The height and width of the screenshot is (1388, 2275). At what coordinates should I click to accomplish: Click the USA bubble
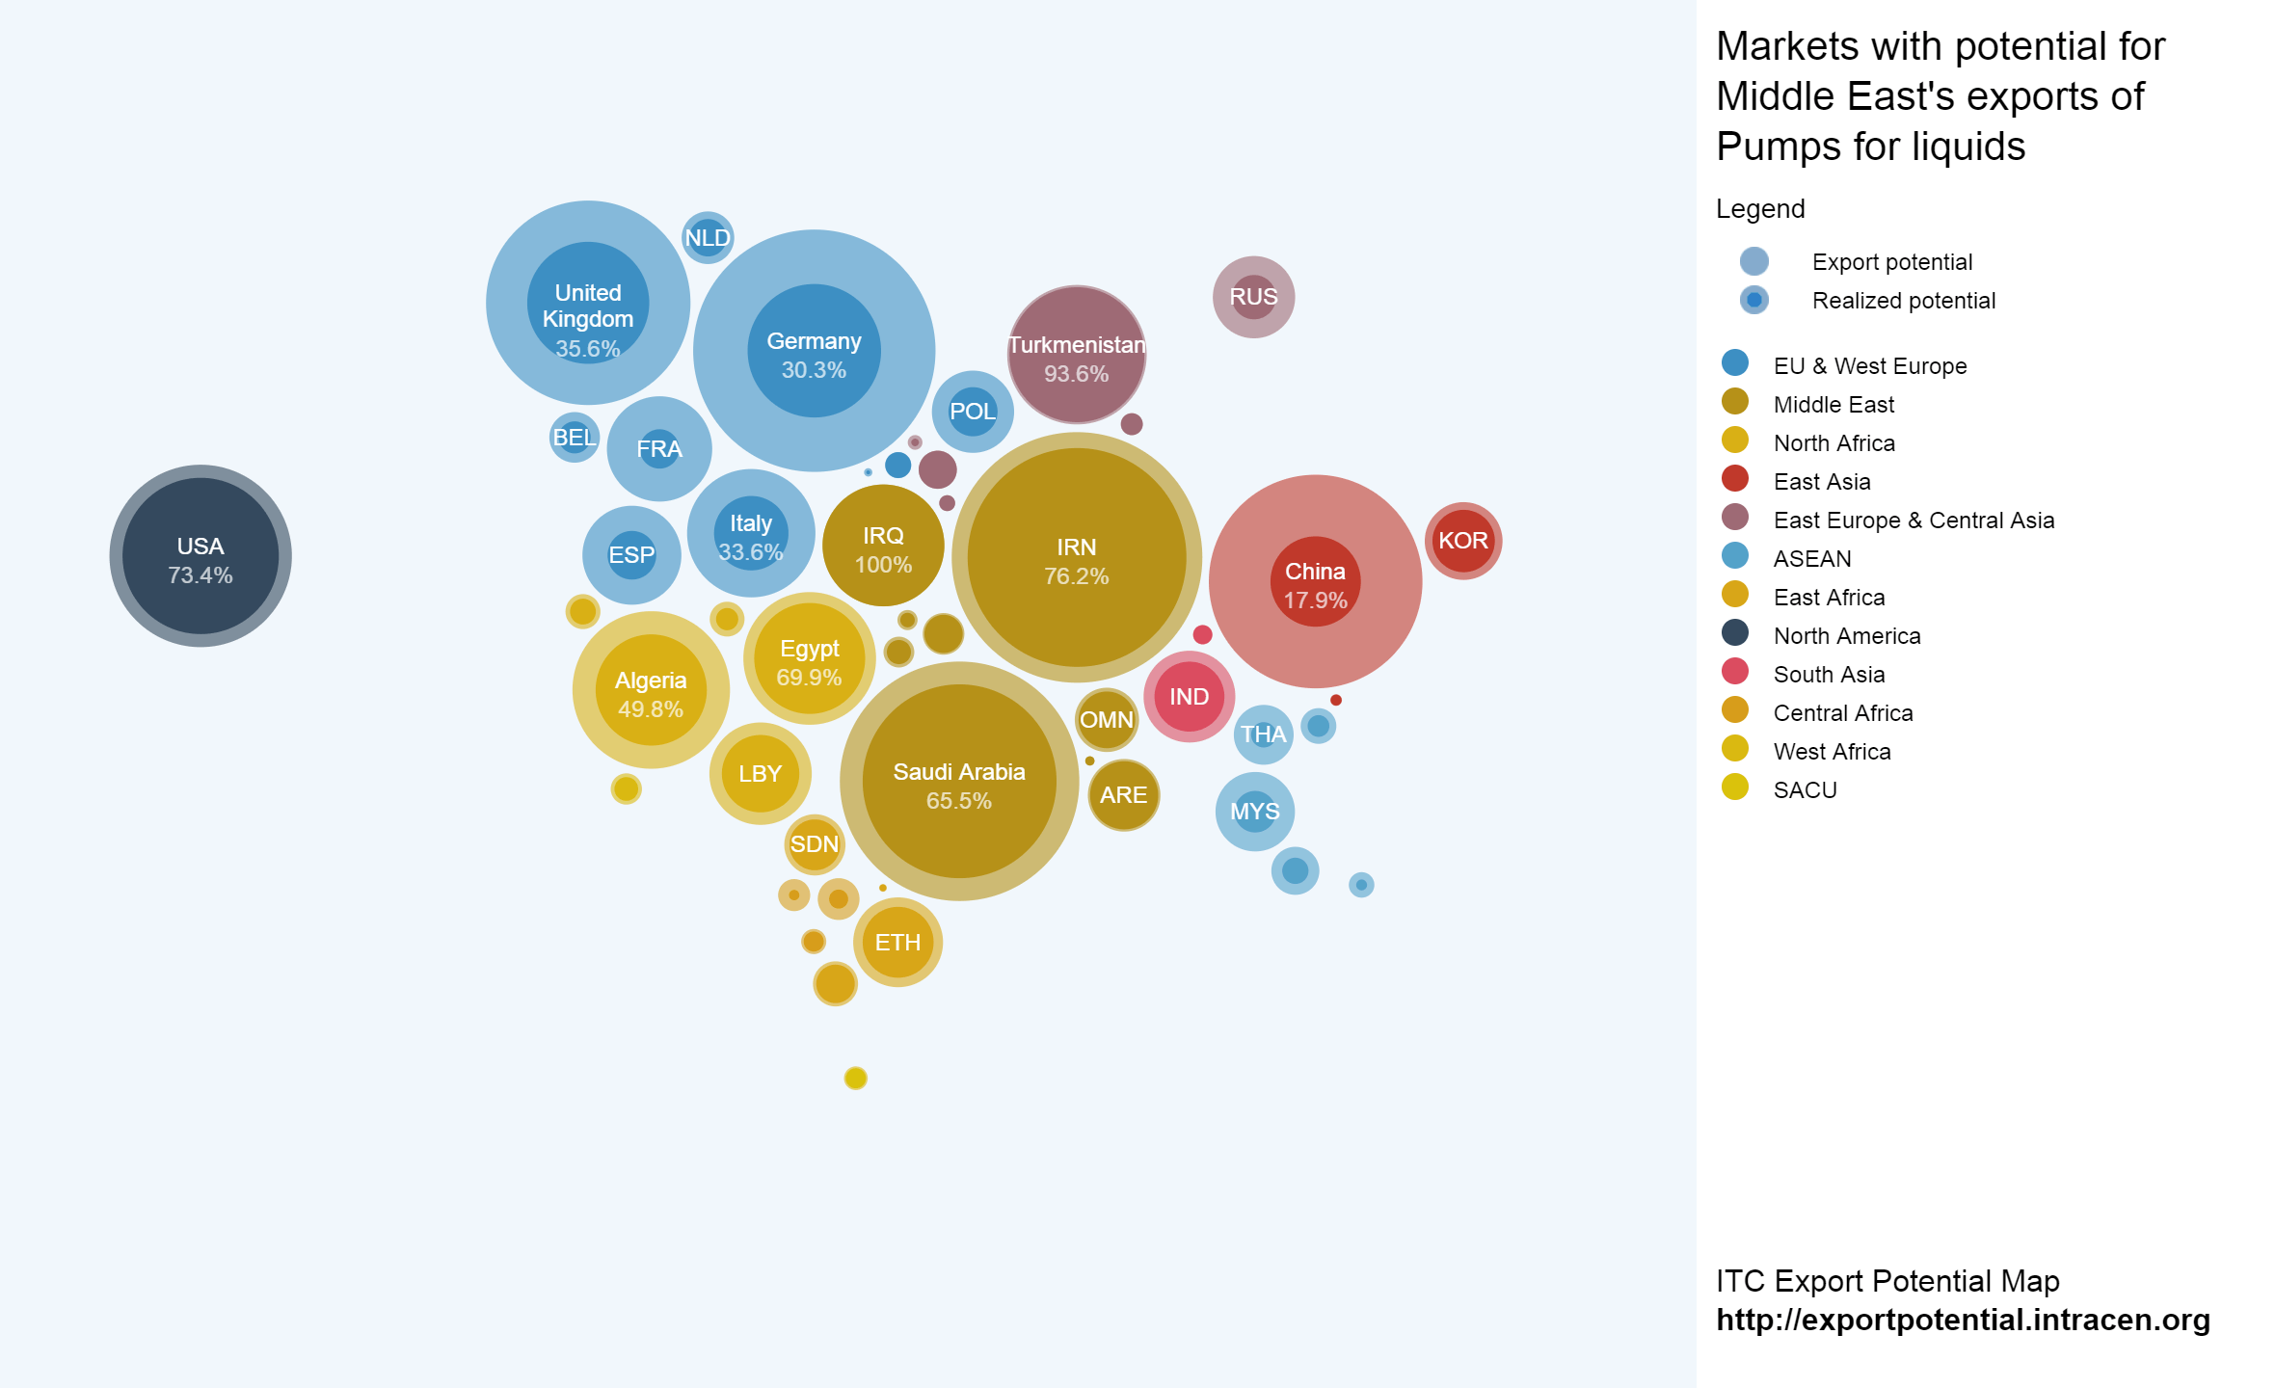tap(201, 556)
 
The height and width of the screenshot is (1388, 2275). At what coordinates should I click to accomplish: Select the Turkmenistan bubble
tap(1076, 355)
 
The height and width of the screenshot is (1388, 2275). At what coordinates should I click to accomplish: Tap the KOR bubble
tap(1462, 541)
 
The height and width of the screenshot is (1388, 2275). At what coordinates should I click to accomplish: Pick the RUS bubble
tap(1253, 297)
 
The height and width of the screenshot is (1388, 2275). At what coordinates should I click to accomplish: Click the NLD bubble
tap(708, 237)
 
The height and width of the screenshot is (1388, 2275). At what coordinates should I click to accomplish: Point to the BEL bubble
tap(574, 438)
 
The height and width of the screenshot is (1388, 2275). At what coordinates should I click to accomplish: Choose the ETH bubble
tap(897, 942)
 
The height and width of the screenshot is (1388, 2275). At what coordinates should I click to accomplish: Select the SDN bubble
tap(815, 844)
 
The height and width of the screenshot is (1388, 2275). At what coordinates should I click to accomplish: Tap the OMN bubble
tap(1106, 720)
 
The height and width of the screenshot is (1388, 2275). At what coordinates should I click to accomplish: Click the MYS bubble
tap(1254, 812)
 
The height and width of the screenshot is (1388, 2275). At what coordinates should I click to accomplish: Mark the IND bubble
tap(1189, 697)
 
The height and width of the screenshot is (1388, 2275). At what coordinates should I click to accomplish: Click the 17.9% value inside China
tap(1315, 601)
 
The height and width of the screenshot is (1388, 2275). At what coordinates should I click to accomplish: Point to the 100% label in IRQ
tap(883, 565)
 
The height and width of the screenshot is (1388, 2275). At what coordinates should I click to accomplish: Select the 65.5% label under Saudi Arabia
tap(958, 801)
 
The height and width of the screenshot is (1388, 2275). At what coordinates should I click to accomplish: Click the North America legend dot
tap(1734, 633)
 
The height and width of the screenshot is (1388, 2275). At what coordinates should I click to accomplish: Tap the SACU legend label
tap(1805, 790)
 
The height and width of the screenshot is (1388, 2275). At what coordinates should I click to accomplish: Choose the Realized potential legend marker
tap(1753, 300)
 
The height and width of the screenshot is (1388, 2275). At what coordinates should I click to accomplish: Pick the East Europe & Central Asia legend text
tap(1914, 520)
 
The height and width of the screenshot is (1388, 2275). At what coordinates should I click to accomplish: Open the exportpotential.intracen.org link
tap(1963, 1320)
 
